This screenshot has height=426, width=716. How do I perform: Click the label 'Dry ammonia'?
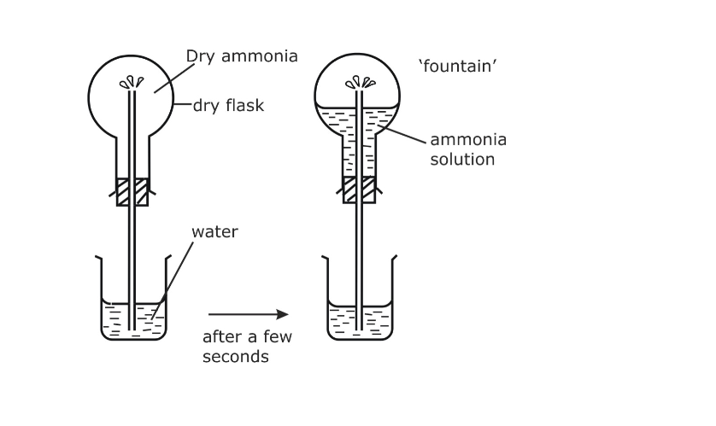(x=242, y=57)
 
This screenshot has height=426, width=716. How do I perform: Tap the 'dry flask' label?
(x=228, y=106)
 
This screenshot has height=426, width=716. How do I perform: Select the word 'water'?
(x=214, y=231)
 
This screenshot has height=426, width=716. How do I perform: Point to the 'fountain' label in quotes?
(x=458, y=66)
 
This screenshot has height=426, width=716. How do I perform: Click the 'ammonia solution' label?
(x=467, y=149)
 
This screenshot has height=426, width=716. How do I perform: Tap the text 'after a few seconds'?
(x=247, y=347)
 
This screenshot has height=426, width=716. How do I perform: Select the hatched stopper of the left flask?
(x=132, y=191)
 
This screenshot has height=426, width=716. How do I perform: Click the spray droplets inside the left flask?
(x=132, y=83)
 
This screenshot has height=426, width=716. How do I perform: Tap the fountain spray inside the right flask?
(x=358, y=83)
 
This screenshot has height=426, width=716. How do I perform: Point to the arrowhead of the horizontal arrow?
(x=284, y=315)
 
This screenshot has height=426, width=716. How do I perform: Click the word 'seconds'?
(x=235, y=357)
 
